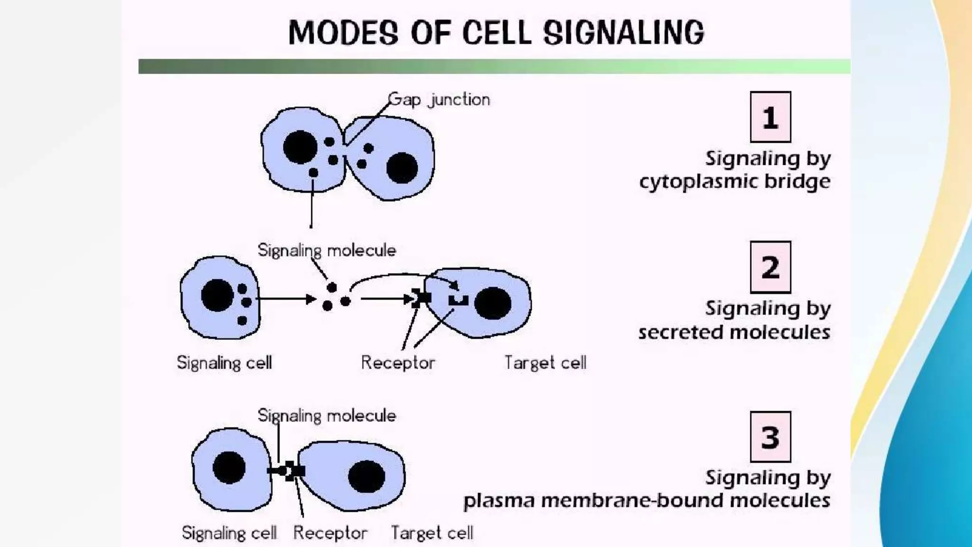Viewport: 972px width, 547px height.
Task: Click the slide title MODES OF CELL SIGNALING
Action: pos(496,32)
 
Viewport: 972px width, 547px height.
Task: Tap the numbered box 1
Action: pos(770,117)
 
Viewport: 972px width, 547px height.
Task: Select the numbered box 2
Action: pos(770,267)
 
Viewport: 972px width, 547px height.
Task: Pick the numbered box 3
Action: pos(770,437)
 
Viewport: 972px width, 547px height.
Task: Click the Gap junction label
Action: pos(439,100)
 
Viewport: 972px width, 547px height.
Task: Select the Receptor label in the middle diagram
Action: pos(398,363)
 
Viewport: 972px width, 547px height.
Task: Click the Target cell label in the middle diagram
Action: pos(545,363)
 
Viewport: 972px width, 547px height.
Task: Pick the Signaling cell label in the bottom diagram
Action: pos(229,533)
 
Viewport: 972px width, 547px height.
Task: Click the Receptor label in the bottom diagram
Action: pos(330,533)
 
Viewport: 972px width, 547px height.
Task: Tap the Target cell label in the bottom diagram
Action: pos(432,533)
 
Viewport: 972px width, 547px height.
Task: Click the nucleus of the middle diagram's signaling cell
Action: pos(217,295)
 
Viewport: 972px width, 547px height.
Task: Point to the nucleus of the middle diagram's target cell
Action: pos(493,303)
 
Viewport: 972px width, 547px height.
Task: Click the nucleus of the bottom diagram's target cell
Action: pos(366,476)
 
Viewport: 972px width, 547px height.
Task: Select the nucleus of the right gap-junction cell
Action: pos(402,168)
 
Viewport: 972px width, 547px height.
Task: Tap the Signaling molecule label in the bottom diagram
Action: pos(327,416)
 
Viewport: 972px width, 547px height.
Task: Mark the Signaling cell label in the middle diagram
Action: pos(224,363)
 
